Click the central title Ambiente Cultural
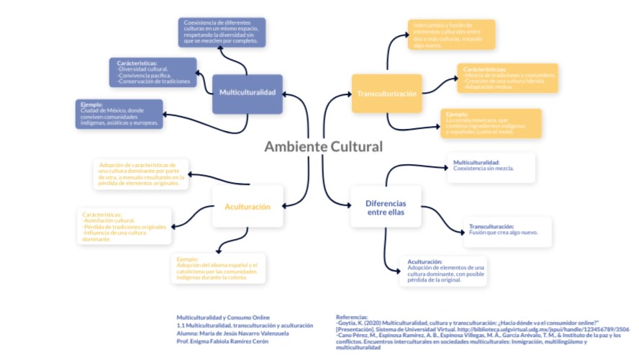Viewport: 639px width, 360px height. [323, 146]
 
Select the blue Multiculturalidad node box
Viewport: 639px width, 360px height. [247, 94]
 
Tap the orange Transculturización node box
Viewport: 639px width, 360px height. [386, 94]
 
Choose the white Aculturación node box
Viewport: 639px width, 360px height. [246, 207]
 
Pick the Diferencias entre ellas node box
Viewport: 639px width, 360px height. [386, 207]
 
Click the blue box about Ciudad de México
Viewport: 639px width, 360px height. [119, 114]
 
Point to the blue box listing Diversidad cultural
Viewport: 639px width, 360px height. [154, 73]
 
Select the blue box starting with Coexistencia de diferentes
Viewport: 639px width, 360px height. [222, 32]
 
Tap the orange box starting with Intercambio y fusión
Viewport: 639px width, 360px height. [450, 35]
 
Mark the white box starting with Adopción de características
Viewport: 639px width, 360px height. [142, 174]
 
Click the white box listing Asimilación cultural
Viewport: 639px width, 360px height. [125, 226]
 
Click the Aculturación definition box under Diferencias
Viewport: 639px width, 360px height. [446, 271]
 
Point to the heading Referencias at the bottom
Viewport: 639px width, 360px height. [352, 317]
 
